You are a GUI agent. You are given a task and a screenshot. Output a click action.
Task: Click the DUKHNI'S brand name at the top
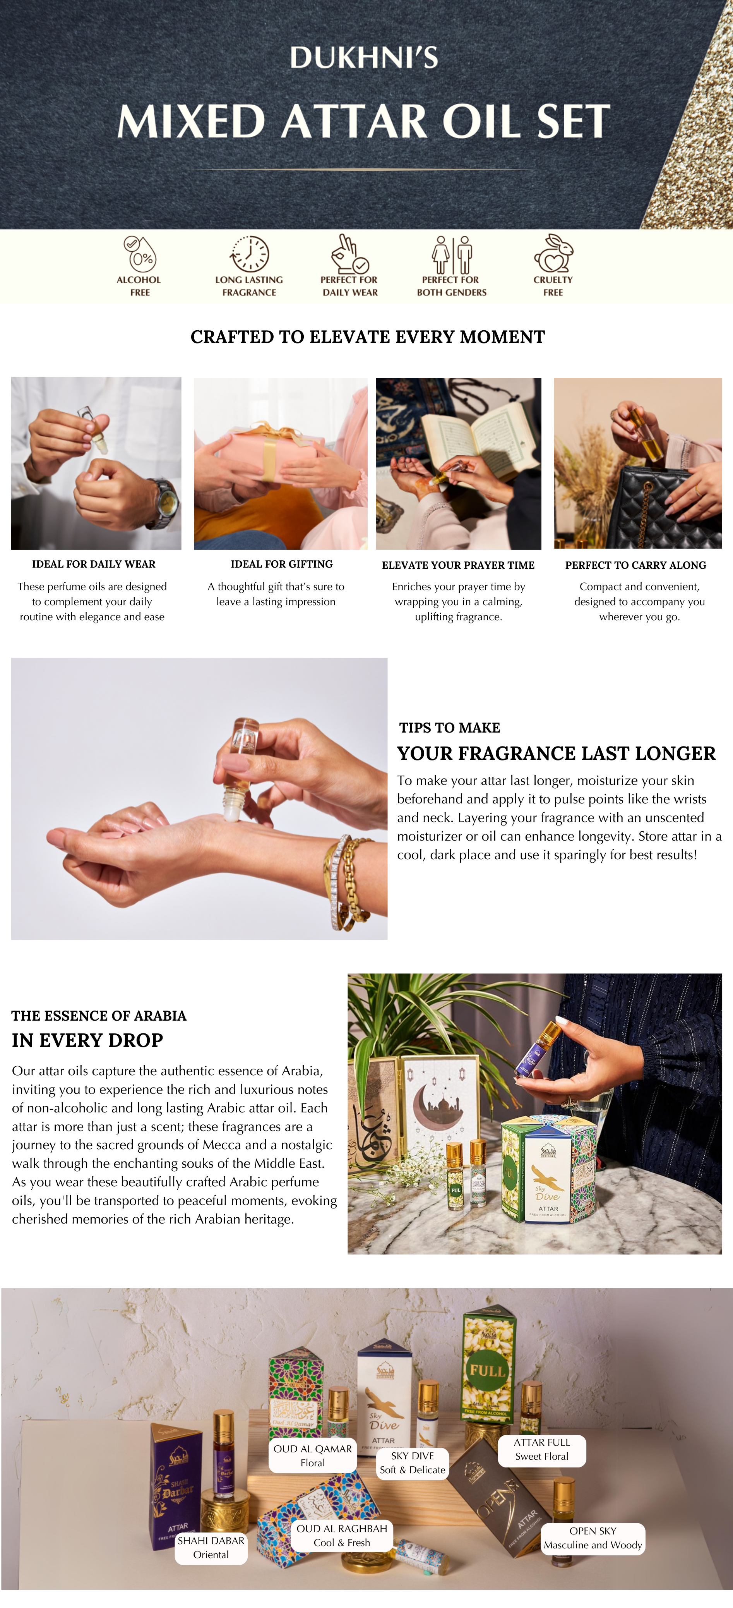[x=364, y=57]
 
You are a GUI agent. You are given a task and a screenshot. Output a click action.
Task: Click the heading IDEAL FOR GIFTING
[x=281, y=564]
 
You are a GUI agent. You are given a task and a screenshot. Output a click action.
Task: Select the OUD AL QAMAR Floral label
[x=313, y=1455]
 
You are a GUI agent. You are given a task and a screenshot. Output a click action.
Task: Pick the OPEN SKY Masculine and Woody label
[x=593, y=1538]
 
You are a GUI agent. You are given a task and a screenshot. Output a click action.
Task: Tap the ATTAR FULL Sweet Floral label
[x=541, y=1449]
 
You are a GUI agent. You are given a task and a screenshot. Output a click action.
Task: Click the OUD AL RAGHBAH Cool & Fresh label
[x=342, y=1535]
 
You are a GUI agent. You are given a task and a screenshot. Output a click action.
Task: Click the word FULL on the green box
[x=487, y=1371]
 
